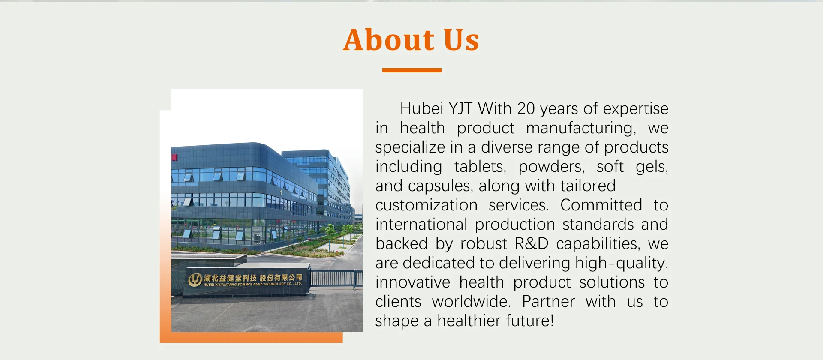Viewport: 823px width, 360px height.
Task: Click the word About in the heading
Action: tap(389, 40)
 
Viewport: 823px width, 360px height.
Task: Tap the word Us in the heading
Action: tap(461, 40)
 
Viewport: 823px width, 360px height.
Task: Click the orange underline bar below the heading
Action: tap(411, 70)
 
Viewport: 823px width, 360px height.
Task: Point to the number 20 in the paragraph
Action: tap(526, 108)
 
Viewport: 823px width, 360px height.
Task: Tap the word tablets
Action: tap(481, 167)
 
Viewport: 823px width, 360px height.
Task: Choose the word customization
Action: tap(427, 205)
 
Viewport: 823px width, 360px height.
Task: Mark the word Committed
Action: tap(601, 205)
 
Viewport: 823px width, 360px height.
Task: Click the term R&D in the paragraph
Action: tap(532, 244)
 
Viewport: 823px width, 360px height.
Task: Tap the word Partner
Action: tap(548, 302)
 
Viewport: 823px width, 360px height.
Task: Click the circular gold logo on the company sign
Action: tap(195, 280)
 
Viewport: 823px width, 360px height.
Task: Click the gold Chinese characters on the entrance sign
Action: tap(253, 278)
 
